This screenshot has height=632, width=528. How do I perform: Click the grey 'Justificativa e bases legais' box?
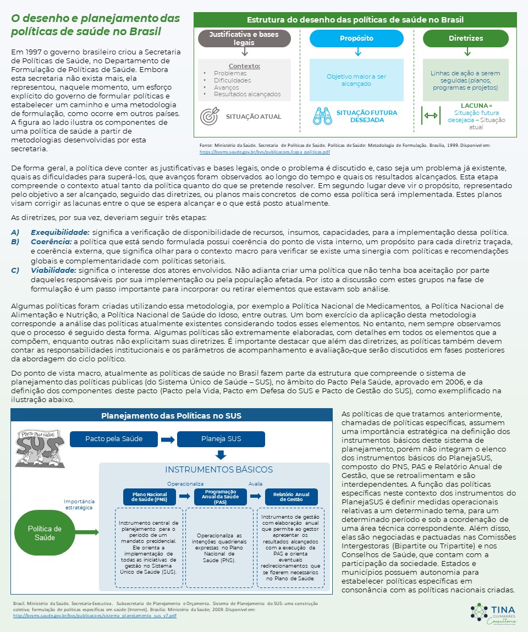click(245, 39)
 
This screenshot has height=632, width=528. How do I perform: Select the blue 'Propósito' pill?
click(356, 39)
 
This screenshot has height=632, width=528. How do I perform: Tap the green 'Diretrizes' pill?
click(465, 39)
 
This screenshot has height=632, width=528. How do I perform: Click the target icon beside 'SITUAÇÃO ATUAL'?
click(210, 117)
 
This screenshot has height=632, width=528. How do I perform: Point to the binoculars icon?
click(322, 116)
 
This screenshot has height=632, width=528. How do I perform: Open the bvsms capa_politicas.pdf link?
click(264, 151)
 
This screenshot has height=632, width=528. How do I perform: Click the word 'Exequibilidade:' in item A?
click(60, 232)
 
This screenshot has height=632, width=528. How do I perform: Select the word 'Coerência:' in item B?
click(51, 241)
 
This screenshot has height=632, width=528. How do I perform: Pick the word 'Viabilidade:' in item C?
click(53, 270)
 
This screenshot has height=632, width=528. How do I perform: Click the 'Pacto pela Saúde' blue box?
click(114, 439)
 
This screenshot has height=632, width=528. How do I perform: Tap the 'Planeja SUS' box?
click(221, 439)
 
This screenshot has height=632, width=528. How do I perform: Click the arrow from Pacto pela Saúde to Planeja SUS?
click(168, 439)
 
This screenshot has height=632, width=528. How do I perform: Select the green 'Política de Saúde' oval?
click(45, 533)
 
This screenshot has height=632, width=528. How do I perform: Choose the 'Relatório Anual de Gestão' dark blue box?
click(291, 497)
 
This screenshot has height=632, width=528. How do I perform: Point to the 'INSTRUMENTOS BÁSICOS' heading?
click(219, 470)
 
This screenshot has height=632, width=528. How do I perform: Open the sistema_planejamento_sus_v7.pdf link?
click(95, 616)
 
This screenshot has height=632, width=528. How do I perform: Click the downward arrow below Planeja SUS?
click(221, 455)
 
